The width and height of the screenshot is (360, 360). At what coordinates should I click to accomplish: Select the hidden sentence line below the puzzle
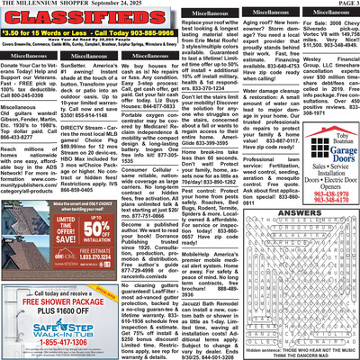point(310,349)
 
